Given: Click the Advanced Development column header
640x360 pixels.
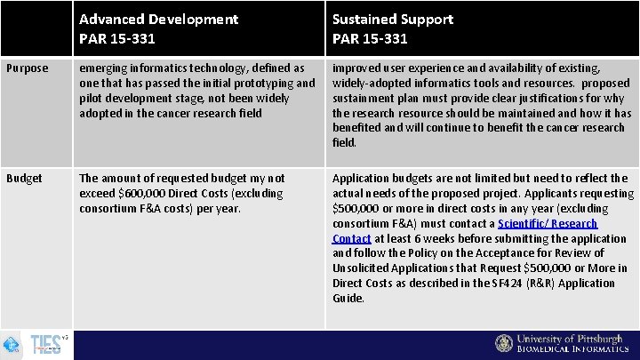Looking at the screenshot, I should coord(158,19).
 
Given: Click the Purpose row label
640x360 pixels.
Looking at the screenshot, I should coord(28,68).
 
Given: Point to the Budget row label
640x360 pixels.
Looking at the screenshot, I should coord(25,178).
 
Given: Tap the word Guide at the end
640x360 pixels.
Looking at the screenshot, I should coord(348,298).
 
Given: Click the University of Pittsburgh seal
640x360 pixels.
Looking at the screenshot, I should coord(504,344).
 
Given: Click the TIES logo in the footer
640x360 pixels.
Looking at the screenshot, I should coord(46,345).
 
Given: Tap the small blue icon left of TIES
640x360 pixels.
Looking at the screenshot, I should coord(12,345).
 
